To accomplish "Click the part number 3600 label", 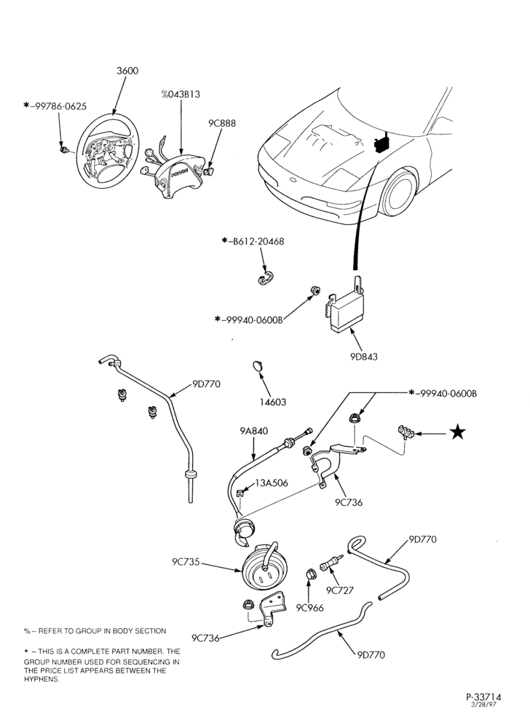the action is coord(127,71).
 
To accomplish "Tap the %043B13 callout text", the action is coord(181,95).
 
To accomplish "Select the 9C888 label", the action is coord(221,124).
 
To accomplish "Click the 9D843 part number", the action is coord(363,357).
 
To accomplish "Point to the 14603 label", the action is coord(272,403).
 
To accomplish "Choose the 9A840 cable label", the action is coord(254,432).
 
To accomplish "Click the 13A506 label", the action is coord(272,483).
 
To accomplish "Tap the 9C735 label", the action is coord(186,562).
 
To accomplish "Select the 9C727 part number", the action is coord(340,590).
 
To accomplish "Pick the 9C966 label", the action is coord(310,608).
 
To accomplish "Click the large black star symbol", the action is coord(458,433).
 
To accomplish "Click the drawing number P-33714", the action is coord(483,697).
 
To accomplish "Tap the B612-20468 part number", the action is coord(256,242).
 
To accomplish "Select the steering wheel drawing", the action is coord(107,154).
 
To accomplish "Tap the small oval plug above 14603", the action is coord(257,366).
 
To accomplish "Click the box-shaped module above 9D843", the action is coord(344,304).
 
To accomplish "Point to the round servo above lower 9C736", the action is coord(264,567).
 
